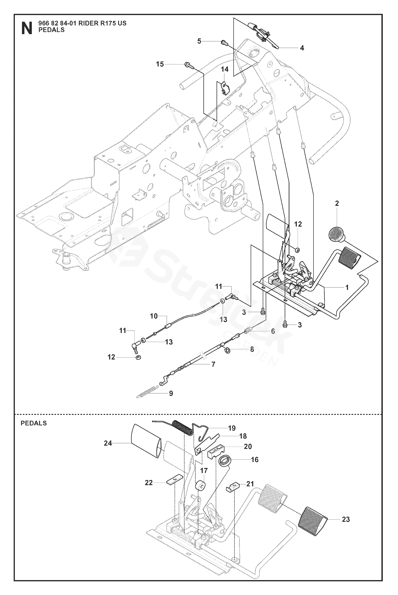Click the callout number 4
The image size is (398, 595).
coord(302,48)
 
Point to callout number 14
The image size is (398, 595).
coord(225,69)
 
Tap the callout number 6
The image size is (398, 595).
coord(273,331)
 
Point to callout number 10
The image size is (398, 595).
coord(154,316)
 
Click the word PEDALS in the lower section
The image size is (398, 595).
coord(34,423)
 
